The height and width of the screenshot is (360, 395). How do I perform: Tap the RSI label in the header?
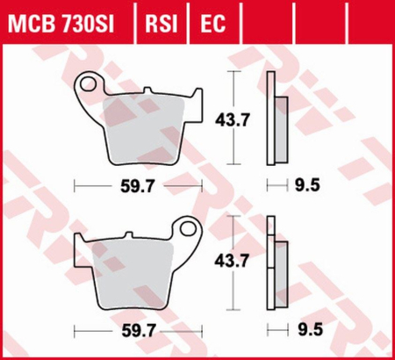157,21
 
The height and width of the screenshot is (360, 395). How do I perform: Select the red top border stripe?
197,4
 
